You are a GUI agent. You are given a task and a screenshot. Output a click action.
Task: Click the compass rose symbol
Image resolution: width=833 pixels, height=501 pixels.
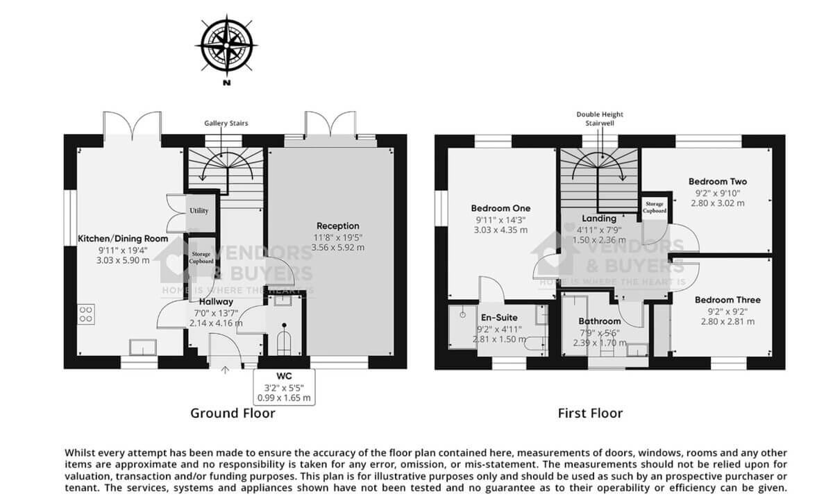pyautogui.click(x=226, y=44)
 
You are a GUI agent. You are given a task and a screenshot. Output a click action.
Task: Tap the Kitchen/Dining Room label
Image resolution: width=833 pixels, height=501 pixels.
pyautogui.click(x=123, y=238)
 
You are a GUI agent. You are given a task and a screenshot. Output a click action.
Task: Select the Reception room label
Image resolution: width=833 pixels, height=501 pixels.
pyautogui.click(x=338, y=226)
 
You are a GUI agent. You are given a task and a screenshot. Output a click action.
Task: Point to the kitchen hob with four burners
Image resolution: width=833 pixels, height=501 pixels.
pyautogui.click(x=87, y=314)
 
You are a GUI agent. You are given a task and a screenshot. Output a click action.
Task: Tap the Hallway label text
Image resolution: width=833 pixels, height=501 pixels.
pyautogui.click(x=216, y=302)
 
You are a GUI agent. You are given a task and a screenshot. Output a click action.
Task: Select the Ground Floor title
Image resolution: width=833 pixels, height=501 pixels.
pyautogui.click(x=233, y=414)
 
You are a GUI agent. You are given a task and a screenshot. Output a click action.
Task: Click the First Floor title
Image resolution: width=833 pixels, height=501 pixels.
pyautogui.click(x=590, y=414)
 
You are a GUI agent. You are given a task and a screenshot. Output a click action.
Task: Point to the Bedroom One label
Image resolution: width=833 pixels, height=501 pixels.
pyautogui.click(x=500, y=208)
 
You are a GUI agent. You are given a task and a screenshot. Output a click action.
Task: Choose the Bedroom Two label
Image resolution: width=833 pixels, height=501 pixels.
pyautogui.click(x=718, y=182)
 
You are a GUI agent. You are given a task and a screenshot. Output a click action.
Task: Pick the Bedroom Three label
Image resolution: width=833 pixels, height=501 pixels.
pyautogui.click(x=727, y=300)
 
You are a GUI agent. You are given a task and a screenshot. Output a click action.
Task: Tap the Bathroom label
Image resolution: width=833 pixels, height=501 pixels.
pyautogui.click(x=600, y=321)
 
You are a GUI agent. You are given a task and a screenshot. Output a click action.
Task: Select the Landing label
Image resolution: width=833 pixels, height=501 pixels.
pyautogui.click(x=599, y=219)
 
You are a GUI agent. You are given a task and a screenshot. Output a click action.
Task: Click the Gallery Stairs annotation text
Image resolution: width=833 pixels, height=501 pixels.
pyautogui.click(x=226, y=123)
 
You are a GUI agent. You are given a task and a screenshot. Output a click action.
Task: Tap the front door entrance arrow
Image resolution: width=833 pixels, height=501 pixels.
pyautogui.click(x=225, y=371)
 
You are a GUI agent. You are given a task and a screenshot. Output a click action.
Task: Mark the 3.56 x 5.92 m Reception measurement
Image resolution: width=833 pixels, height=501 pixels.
pyautogui.click(x=338, y=247)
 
